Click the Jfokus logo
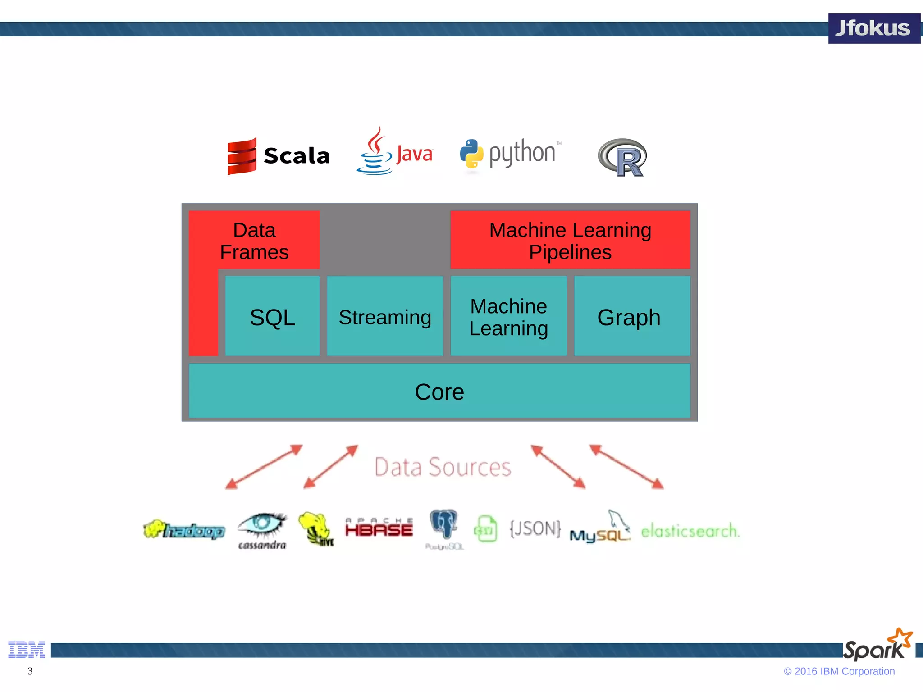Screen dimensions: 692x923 873,28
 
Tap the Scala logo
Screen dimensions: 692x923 279,156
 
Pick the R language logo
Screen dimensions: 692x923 622,158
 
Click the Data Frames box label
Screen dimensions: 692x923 254,241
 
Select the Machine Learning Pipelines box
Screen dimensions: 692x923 570,241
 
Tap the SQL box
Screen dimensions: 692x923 272,317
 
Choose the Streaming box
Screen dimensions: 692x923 385,317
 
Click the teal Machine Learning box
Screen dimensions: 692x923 508,317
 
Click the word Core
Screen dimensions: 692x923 439,392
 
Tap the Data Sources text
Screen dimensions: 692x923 443,467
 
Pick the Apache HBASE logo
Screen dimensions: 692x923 379,528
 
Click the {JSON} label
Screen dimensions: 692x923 535,528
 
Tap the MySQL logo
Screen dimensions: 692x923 600,529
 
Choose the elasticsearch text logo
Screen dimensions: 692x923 690,531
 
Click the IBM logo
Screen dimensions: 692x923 27,649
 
